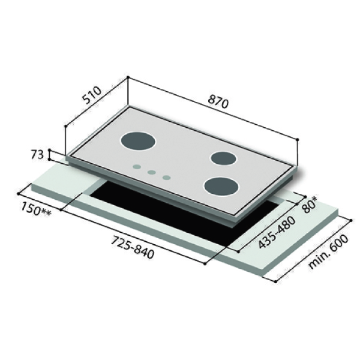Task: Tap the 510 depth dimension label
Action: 92,95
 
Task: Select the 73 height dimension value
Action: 37,155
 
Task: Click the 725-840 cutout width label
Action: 133,247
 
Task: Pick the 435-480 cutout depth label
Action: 277,232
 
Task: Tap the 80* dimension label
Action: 310,205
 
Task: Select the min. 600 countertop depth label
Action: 328,251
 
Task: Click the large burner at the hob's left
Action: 138,141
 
